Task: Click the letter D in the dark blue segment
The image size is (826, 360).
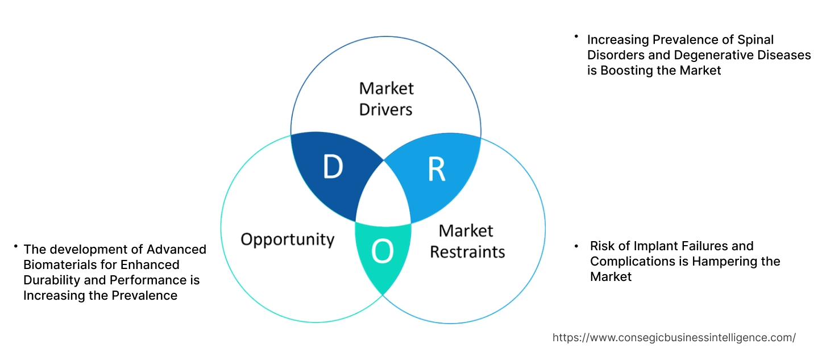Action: point(333,167)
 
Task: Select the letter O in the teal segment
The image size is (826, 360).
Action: point(382,253)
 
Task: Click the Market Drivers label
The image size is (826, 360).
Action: point(386,98)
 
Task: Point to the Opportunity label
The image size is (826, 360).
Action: point(287,239)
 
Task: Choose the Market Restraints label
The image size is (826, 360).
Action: point(467,241)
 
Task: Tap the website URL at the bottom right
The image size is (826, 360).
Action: point(674,337)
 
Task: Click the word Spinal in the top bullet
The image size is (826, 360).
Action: point(754,40)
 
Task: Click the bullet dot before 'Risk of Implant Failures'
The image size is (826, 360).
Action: point(576,246)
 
